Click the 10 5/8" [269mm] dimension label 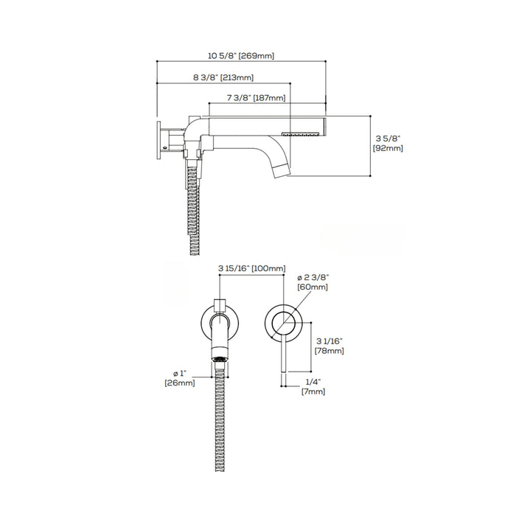(x=241, y=55)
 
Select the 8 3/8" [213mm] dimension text (x=223, y=77)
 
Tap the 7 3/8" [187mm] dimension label (x=256, y=98)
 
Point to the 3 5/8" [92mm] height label (x=388, y=144)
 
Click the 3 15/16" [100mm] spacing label (x=252, y=268)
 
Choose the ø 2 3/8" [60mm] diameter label (x=313, y=282)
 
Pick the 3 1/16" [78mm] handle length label (x=330, y=346)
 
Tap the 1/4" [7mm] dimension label (x=313, y=387)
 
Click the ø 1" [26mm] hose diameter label (x=180, y=378)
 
